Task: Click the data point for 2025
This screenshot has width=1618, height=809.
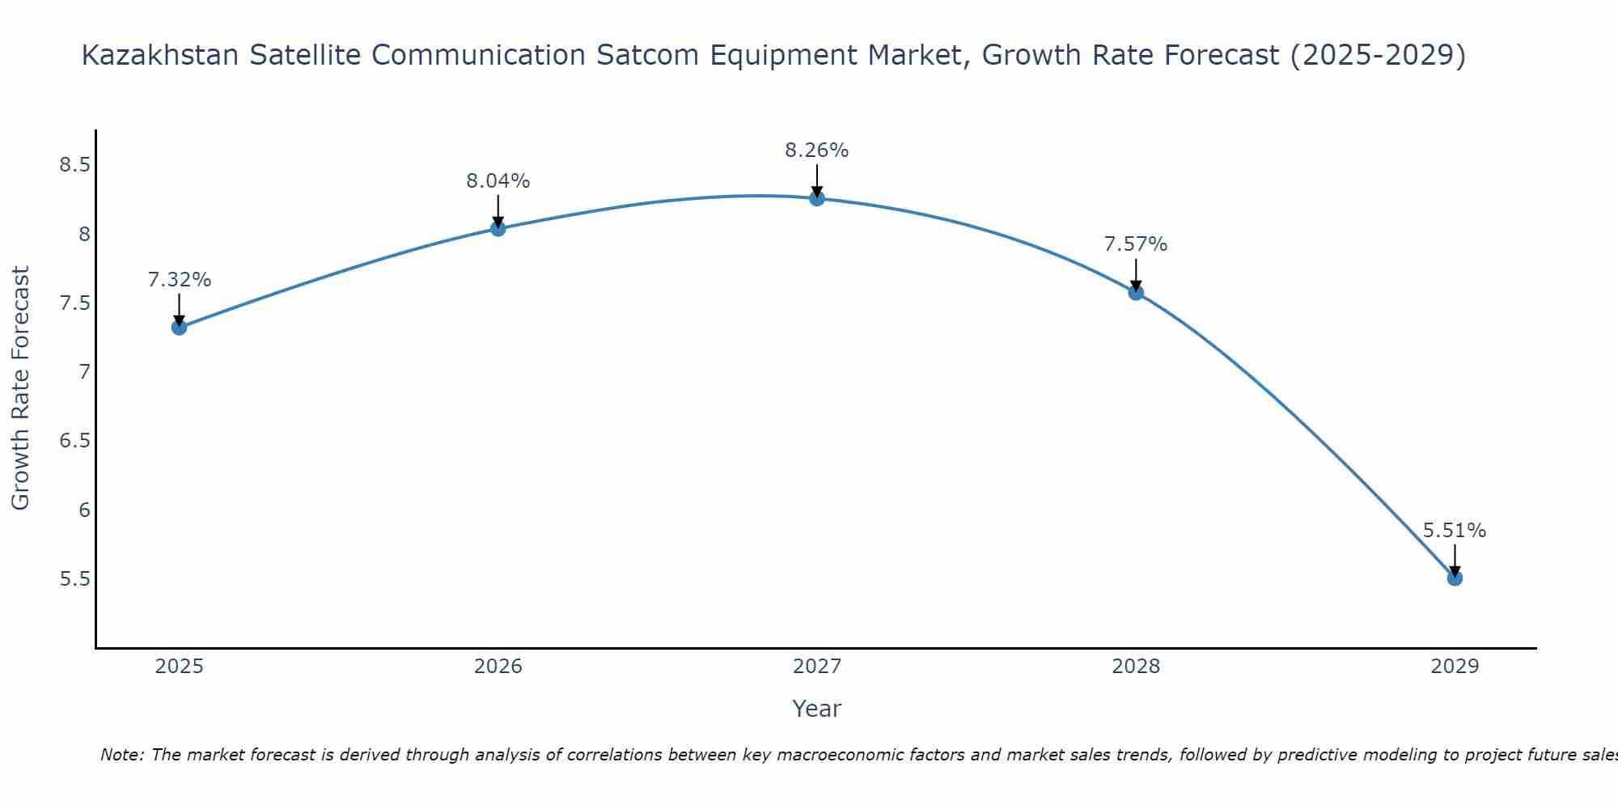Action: (x=179, y=327)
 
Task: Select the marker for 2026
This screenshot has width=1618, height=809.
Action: (x=498, y=229)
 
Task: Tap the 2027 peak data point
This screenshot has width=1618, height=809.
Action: (x=816, y=198)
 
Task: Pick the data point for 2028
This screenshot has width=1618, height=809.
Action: (x=1136, y=292)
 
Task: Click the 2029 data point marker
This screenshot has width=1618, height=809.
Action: (x=1455, y=578)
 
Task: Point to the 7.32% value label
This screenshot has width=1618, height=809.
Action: (x=179, y=280)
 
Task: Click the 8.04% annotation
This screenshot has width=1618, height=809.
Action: (x=498, y=181)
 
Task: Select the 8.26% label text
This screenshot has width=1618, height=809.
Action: (x=816, y=150)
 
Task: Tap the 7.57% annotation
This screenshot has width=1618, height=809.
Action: (x=1136, y=244)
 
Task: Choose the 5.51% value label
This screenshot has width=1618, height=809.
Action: (x=1455, y=531)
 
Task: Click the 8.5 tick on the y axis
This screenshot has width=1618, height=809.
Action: (x=74, y=166)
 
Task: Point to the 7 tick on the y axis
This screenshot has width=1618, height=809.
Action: (x=84, y=372)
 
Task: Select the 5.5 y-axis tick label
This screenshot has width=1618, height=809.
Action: (x=74, y=579)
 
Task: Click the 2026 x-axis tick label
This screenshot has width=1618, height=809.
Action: (x=498, y=667)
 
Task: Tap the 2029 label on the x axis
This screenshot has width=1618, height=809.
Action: (x=1455, y=667)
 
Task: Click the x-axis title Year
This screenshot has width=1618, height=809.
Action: (x=816, y=709)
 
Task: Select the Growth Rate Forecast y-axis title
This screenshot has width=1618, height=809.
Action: (x=21, y=388)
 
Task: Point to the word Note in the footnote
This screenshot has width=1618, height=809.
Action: (x=121, y=755)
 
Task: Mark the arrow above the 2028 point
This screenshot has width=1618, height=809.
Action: (x=1136, y=275)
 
